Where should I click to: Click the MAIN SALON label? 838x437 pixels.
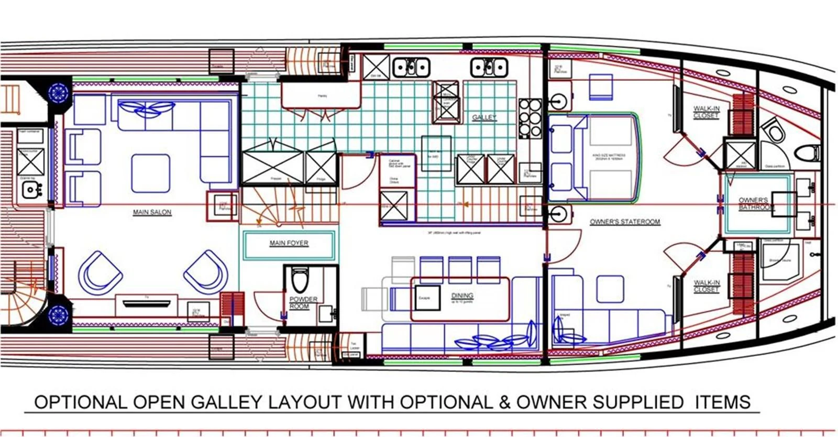(152, 212)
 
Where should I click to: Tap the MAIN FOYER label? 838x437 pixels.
(289, 243)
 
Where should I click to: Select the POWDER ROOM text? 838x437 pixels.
(303, 302)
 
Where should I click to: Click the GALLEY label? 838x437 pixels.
(484, 117)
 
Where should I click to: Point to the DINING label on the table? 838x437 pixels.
(462, 296)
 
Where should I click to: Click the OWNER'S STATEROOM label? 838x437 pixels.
(624, 222)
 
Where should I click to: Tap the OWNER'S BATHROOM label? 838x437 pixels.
(755, 204)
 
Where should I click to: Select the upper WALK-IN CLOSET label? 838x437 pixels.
(706, 112)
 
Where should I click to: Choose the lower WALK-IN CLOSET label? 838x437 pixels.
(706, 286)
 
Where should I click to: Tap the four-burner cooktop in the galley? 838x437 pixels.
(530, 118)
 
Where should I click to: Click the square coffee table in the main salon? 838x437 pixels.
(150, 173)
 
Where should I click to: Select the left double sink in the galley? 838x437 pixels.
(411, 67)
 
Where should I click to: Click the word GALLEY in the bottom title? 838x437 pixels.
(226, 402)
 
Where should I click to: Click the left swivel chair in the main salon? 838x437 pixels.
(101, 273)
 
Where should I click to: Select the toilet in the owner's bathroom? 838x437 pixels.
(773, 129)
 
